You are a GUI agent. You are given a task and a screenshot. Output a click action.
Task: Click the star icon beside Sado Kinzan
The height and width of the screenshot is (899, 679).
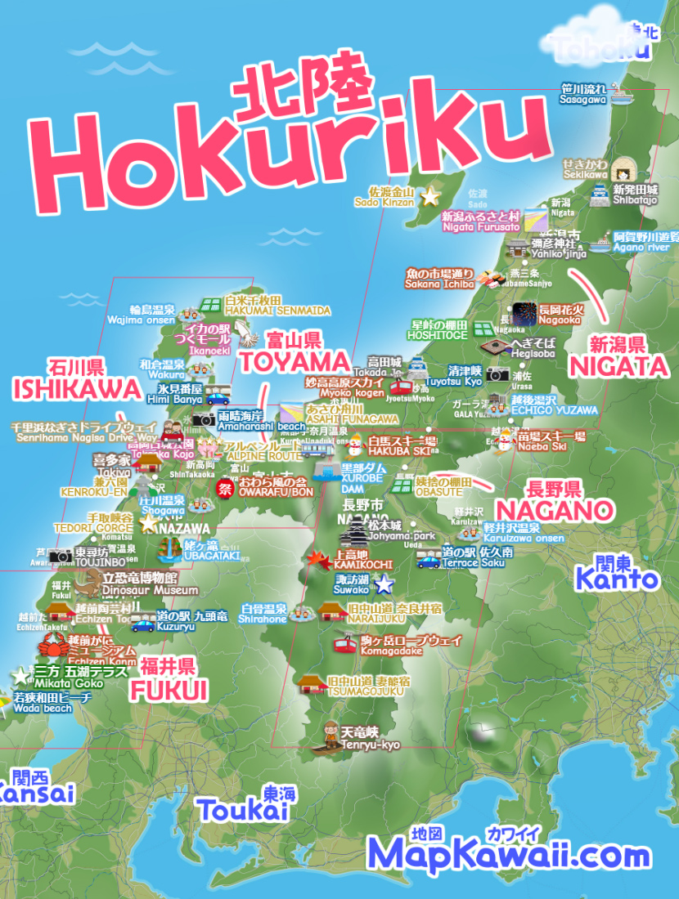(429, 196)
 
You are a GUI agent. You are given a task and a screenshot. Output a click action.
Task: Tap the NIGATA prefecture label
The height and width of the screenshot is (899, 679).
(618, 367)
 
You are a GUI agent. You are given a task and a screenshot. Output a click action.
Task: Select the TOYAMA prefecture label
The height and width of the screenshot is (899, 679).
(295, 360)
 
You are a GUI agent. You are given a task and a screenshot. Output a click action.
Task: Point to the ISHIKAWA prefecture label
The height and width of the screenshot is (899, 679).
(77, 387)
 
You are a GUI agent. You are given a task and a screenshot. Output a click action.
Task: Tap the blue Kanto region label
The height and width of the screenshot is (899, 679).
(616, 579)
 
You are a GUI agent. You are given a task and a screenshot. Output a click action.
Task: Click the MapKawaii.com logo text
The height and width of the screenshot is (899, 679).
(509, 855)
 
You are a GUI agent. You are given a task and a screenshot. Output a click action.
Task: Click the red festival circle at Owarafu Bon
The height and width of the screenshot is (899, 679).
(224, 488)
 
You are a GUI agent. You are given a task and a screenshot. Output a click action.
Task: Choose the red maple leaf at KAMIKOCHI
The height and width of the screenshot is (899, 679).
(319, 559)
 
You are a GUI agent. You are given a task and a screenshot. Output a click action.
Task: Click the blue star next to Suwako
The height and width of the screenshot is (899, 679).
(384, 584)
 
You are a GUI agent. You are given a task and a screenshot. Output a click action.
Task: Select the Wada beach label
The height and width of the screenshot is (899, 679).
(43, 709)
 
